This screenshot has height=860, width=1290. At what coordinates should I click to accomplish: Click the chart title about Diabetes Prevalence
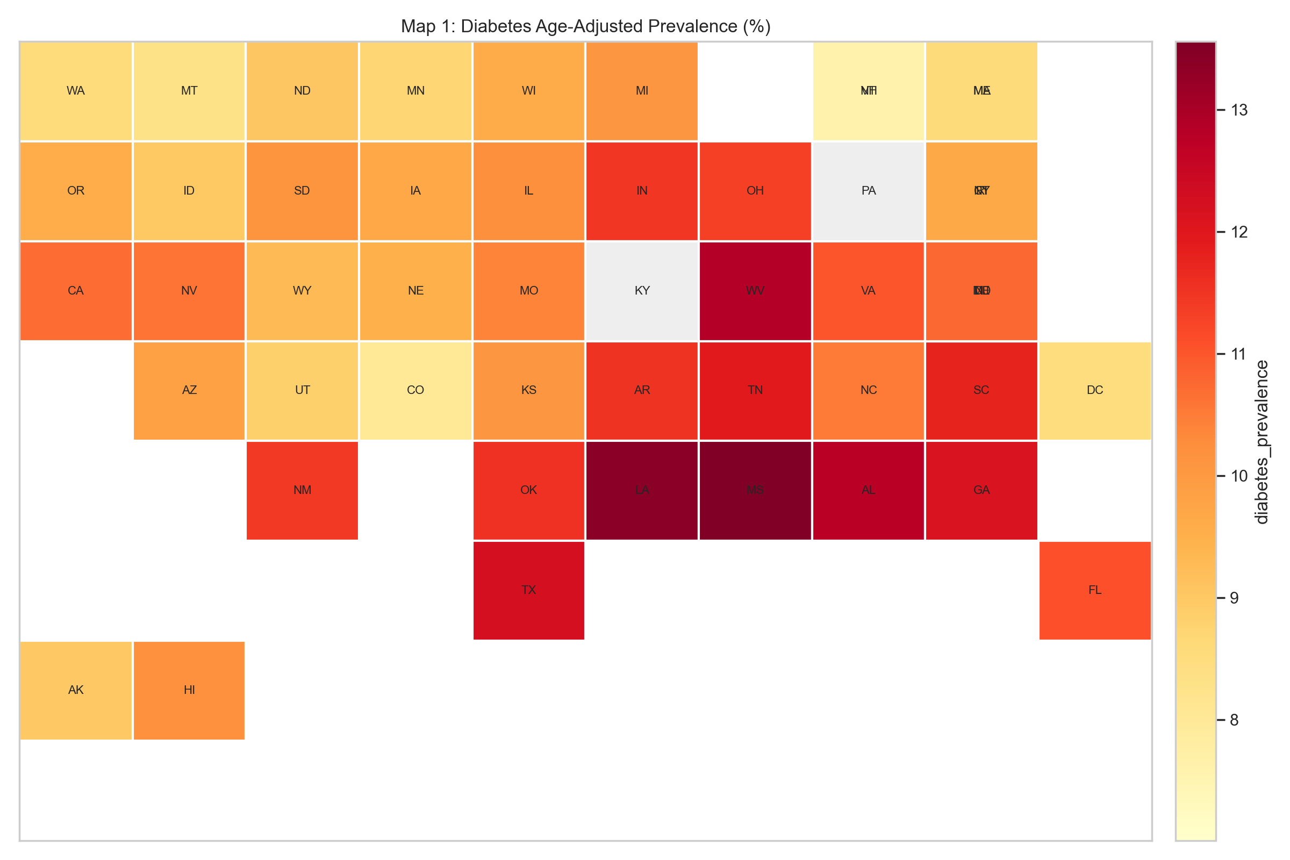(x=585, y=26)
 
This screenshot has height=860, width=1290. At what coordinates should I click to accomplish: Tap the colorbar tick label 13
(x=1239, y=110)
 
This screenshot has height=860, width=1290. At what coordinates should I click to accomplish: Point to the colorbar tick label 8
(x=1234, y=720)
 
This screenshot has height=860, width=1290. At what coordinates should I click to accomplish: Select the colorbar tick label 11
(x=1239, y=354)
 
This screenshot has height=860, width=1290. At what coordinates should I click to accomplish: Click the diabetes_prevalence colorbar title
(x=1262, y=442)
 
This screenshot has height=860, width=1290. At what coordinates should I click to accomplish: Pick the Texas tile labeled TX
(x=529, y=590)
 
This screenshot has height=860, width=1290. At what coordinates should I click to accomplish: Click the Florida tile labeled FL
(x=1095, y=590)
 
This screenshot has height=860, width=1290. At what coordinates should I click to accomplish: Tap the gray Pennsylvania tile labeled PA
(x=868, y=191)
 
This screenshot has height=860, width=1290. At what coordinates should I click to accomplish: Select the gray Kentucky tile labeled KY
(x=642, y=291)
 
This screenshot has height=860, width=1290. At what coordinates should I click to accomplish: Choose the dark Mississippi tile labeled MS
(x=755, y=490)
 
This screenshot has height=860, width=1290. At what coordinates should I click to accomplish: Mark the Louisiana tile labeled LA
(x=642, y=490)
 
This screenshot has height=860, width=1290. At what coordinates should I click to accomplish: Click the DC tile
(x=1095, y=391)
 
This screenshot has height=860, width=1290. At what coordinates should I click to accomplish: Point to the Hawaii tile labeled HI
(x=189, y=690)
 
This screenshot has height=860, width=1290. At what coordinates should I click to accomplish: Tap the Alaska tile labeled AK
(x=76, y=690)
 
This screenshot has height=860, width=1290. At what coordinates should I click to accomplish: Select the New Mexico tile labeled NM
(x=302, y=490)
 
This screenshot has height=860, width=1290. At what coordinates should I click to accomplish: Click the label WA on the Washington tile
(x=76, y=91)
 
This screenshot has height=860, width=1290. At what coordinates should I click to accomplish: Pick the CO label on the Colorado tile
(x=415, y=391)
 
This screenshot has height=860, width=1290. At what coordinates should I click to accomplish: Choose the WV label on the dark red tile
(x=755, y=291)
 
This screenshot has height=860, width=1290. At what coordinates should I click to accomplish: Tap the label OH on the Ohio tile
(x=755, y=191)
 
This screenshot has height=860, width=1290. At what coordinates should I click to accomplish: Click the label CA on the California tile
(x=76, y=291)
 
